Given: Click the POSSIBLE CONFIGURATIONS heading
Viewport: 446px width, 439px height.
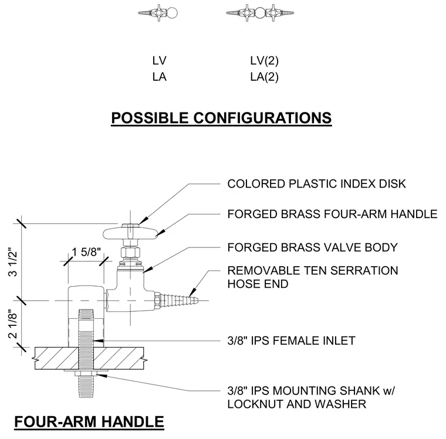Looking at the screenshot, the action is coord(221,118).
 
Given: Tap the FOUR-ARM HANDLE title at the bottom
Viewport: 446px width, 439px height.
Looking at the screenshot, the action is coord(89,421).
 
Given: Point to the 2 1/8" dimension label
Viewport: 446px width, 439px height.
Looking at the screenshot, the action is coord(13,324).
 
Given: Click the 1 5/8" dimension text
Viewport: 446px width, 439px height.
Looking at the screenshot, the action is coord(86,252).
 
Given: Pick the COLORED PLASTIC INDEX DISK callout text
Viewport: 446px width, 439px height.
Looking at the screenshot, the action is coord(316,184).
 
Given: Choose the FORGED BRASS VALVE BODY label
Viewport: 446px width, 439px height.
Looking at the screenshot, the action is coord(312,247).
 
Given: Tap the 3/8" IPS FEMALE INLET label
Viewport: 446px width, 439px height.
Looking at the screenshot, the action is coord(291,341).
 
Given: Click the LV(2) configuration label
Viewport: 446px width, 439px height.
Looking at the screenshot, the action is coord(265,61).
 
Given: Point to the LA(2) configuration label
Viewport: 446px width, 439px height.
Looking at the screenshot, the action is coord(265,77).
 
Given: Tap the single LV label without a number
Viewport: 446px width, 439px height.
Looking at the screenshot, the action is coord(159,61).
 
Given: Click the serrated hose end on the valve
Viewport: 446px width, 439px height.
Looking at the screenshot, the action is coord(177,300).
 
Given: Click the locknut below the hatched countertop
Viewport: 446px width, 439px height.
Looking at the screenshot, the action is coord(86,373).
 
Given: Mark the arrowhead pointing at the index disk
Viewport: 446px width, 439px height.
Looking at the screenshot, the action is coord(144,220).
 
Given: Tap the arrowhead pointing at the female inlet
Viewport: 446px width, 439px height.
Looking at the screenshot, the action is coord(98,341).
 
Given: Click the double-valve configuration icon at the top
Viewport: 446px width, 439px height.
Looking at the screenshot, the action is coord(260,13).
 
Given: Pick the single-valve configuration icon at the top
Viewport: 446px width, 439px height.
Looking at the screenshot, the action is coord(158,13).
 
